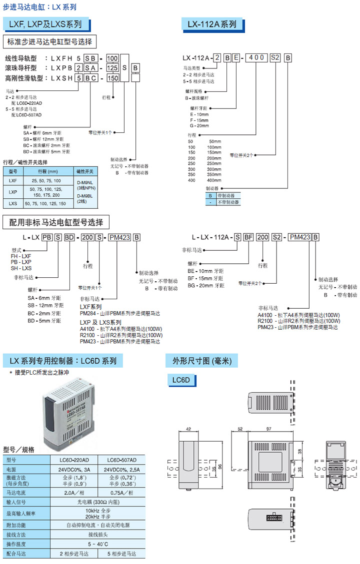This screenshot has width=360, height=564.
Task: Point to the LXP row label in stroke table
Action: [x=13, y=192]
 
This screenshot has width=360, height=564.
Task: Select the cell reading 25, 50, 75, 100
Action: [x=46, y=180]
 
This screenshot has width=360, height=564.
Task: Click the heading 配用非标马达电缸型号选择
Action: [x=56, y=222]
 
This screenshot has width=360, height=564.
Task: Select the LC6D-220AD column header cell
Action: [x=74, y=460]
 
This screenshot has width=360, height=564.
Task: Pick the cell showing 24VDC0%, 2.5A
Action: [x=122, y=470]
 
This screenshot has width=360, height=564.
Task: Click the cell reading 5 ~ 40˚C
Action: [x=98, y=544]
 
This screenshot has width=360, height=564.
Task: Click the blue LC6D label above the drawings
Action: [x=180, y=381]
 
